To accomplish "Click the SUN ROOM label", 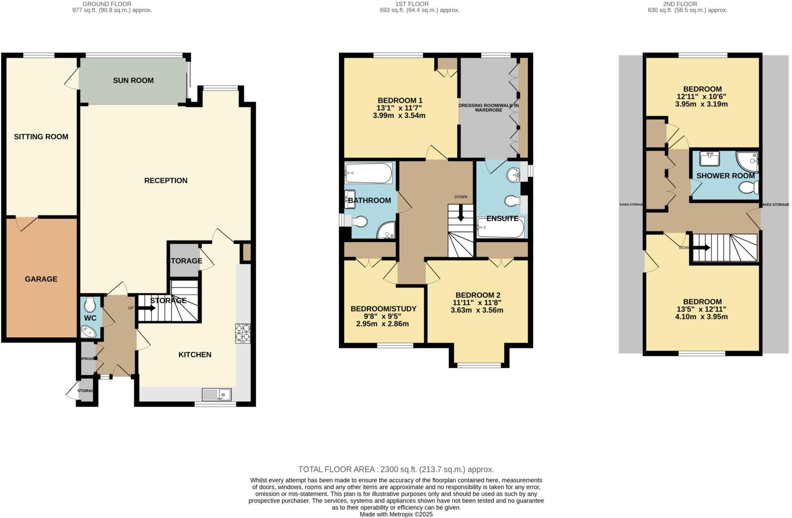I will click(x=133, y=81).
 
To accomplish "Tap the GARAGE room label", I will click(x=41, y=279).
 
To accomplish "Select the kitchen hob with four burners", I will click(x=243, y=333).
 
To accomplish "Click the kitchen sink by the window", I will click(x=216, y=394).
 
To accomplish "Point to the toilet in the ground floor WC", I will click(x=90, y=304).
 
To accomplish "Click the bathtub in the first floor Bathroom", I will click(x=368, y=173).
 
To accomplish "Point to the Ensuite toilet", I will click(x=511, y=200).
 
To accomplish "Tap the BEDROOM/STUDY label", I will click(x=383, y=309).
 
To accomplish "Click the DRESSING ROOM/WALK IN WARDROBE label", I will click(x=488, y=107).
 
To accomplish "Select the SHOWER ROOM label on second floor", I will click(x=725, y=176).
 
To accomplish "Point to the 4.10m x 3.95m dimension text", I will click(x=701, y=317).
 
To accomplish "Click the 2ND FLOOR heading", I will click(x=680, y=4).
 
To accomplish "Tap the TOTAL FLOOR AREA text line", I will click(x=396, y=469).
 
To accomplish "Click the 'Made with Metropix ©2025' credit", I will click(x=396, y=514).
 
